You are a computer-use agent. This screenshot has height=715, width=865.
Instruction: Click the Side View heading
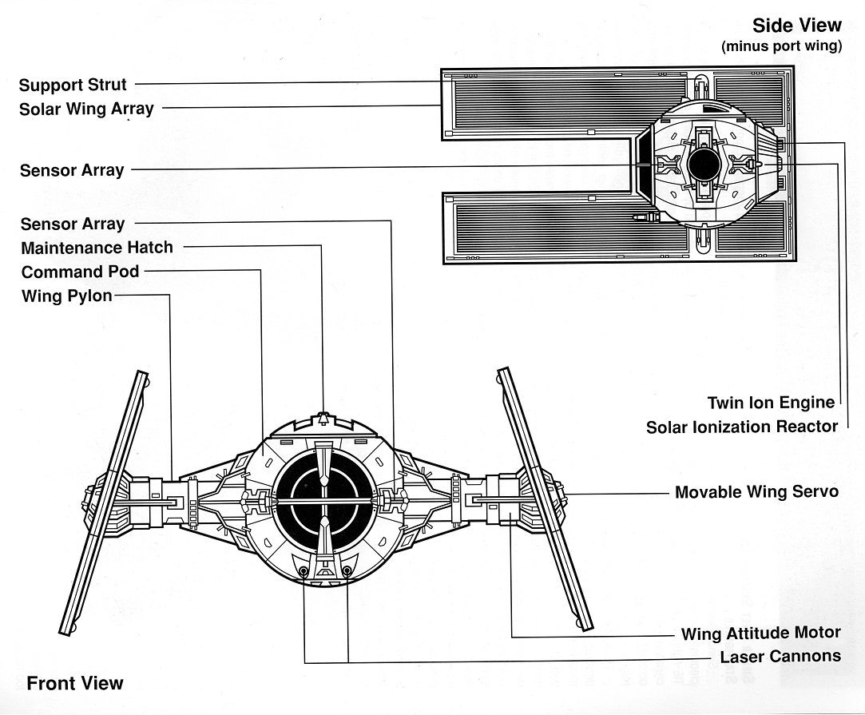[x=796, y=26]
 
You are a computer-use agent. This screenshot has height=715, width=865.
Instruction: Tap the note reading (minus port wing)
[x=781, y=46]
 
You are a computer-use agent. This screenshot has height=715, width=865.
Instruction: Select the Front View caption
[x=75, y=683]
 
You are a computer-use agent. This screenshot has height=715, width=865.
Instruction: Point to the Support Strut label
[x=73, y=85]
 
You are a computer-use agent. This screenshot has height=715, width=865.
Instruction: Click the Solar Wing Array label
[x=86, y=109]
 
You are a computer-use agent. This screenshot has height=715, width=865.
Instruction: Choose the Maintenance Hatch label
[x=97, y=248]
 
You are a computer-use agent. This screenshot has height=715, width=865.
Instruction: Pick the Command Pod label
[x=80, y=272]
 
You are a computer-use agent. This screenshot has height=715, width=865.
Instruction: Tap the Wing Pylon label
[x=66, y=296]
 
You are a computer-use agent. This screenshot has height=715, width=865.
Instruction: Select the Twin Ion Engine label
[x=771, y=403]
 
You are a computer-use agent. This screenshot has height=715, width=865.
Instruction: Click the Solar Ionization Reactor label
[x=742, y=427]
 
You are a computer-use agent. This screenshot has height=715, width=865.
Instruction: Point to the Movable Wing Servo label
[x=756, y=492]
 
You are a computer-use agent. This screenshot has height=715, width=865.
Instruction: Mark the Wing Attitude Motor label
[x=760, y=634]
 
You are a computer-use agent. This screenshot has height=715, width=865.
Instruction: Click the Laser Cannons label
[x=780, y=657]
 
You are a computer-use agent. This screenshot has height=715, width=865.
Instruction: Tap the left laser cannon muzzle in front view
[x=304, y=571]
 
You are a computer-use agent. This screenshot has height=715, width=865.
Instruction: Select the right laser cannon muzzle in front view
[x=347, y=571]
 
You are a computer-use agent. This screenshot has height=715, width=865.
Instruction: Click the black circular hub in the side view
[x=703, y=165]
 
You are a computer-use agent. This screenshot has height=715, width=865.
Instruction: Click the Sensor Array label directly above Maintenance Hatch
[x=73, y=224]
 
